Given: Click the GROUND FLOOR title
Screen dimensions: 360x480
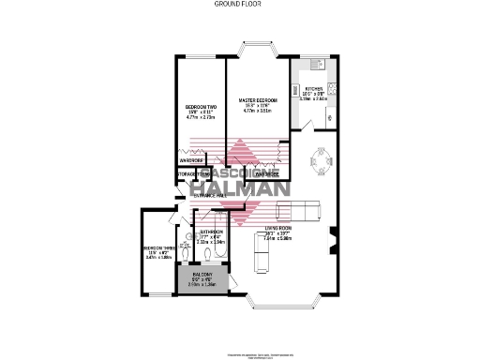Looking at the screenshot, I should pos(240,5).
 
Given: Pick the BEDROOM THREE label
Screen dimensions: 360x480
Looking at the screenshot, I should pos(157,248).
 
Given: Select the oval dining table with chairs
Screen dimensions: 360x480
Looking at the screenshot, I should pos(322,165).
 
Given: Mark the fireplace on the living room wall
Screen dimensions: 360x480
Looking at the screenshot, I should pos(334,241).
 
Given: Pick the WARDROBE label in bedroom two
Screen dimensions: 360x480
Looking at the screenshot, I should pos(191,160).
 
